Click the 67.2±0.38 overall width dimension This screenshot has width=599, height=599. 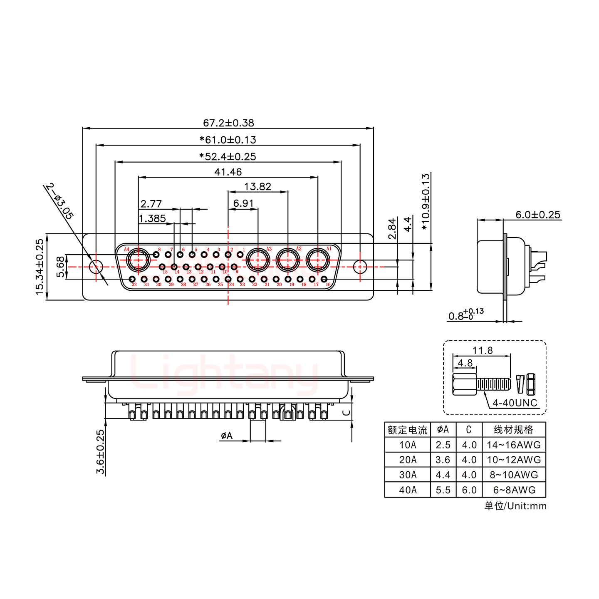pos(228,123)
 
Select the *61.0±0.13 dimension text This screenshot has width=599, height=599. pos(228,140)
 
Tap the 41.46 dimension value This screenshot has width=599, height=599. pos(228,172)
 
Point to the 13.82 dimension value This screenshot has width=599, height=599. pos(258,187)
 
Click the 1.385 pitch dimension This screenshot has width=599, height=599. pos(152,218)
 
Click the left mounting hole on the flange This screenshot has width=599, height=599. pos(96,266)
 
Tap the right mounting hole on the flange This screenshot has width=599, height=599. pos(359,266)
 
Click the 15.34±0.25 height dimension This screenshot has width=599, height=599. pos(40,267)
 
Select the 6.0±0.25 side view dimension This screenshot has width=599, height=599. pos(538,215)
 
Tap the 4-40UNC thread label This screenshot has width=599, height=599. pos(515,403)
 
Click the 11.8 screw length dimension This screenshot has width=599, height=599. pos(482,351)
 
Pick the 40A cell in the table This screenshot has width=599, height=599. pos(408,490)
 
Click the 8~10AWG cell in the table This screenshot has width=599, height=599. pos(514,475)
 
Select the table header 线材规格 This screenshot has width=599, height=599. pos(514,430)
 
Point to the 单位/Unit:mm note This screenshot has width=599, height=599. pos(515,506)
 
